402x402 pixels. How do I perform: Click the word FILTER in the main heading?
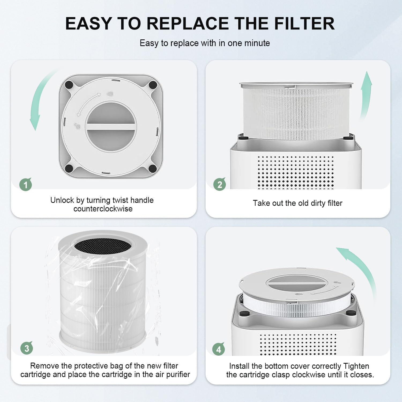(304, 23)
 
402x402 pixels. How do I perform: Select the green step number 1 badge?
(26, 185)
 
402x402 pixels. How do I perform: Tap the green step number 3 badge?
(27, 348)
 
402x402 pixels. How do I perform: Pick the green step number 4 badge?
(219, 349)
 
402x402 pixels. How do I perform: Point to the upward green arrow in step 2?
(366, 94)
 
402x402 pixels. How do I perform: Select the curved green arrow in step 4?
(359, 265)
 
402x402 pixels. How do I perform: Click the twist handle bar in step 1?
(111, 127)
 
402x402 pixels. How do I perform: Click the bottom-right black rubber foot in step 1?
(153, 168)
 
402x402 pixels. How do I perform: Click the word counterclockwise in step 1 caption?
(103, 209)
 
